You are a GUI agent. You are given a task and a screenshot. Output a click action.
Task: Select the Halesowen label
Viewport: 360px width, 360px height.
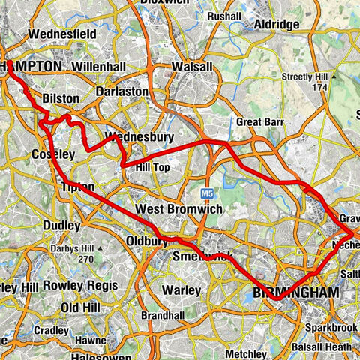[74, 352]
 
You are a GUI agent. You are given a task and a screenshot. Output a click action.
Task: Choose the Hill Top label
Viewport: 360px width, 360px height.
[151, 166]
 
